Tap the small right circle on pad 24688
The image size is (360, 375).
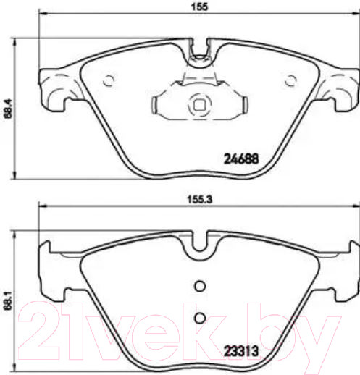[x=292, y=80]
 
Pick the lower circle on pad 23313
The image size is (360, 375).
[x=201, y=317]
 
